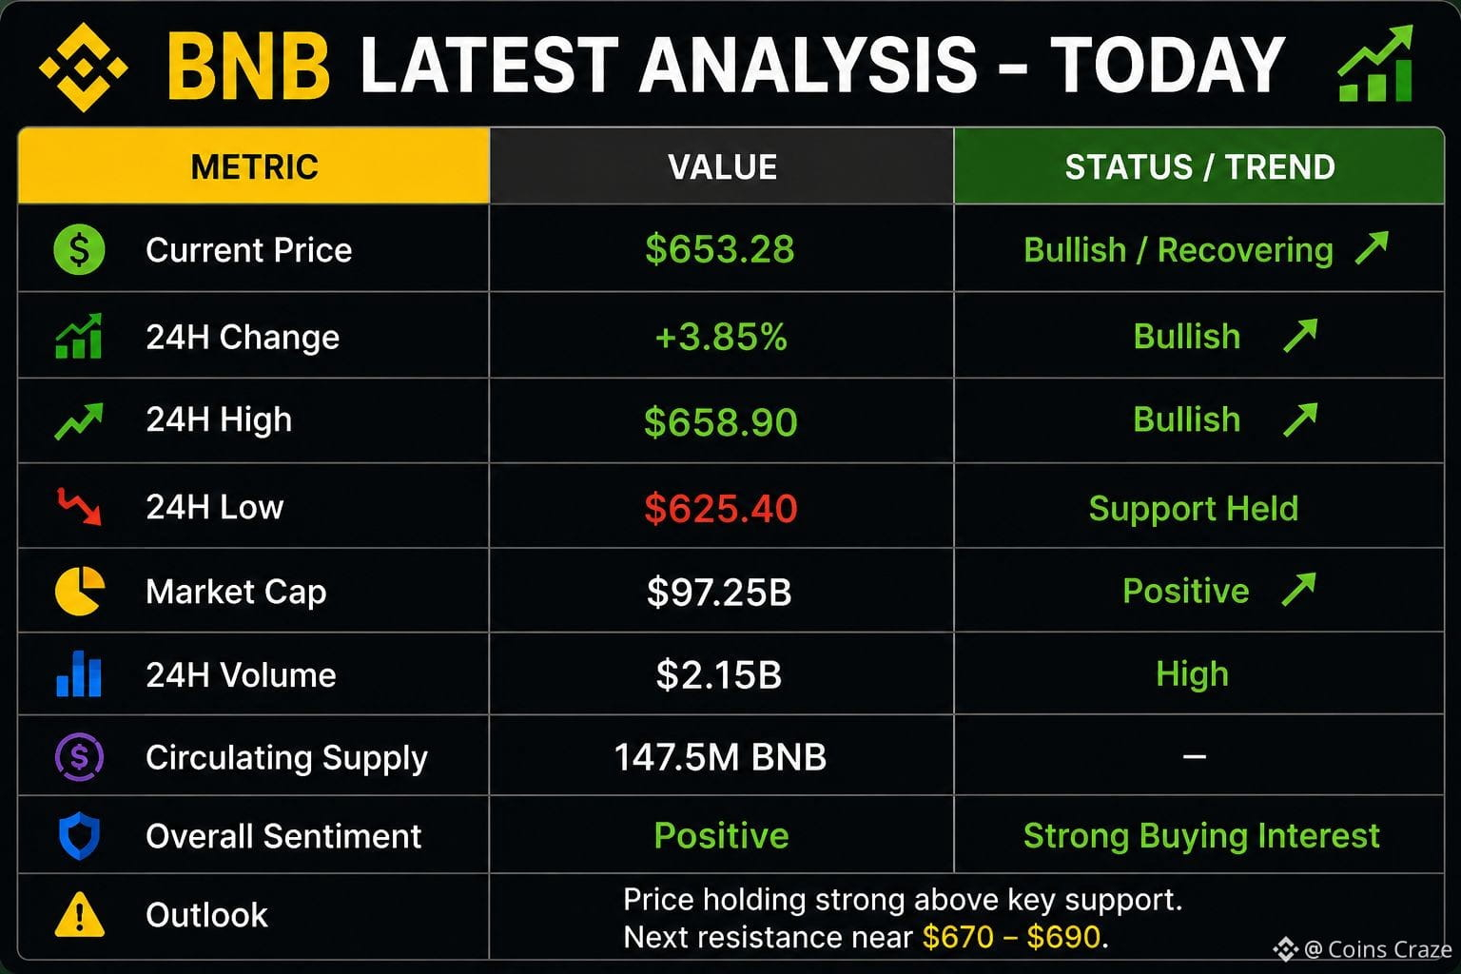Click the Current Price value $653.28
tap(720, 249)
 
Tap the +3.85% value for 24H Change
tap(721, 337)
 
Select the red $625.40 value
tap(721, 508)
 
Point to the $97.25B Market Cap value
tap(719, 592)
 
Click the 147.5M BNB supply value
tap(720, 757)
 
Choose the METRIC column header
tap(254, 166)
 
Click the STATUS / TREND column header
tap(1200, 166)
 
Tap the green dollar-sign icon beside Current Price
tap(79, 249)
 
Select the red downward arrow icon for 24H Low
tap(79, 506)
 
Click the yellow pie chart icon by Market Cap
tap(80, 591)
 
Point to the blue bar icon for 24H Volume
tap(79, 674)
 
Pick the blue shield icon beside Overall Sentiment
tap(79, 836)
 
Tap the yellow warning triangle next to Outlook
tap(80, 915)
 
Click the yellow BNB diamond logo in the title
tap(84, 67)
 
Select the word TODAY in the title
tap(1167, 66)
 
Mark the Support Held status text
tap(1194, 508)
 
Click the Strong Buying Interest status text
tap(1201, 836)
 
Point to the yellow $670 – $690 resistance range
tap(1012, 937)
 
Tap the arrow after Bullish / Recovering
tap(1372, 247)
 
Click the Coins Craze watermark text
tap(1377, 949)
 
